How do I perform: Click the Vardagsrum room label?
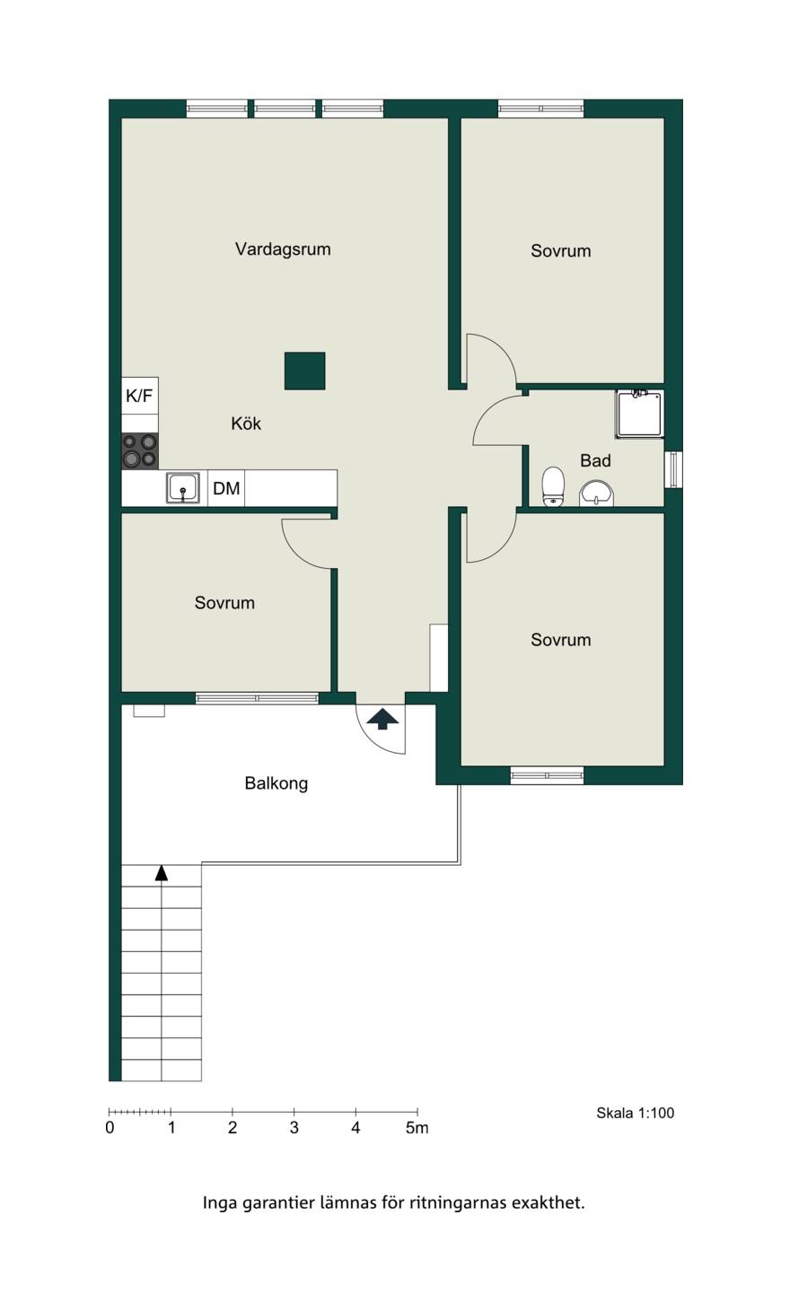tap(283, 249)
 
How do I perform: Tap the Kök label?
tap(246, 424)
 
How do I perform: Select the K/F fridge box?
tap(140, 396)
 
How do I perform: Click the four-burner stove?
tap(140, 450)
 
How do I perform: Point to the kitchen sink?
tap(183, 488)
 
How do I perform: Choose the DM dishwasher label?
tap(226, 488)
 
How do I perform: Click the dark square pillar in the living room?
tap(304, 371)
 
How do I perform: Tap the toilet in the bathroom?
tap(553, 485)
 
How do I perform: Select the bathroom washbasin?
tap(597, 493)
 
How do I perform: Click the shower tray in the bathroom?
tap(640, 414)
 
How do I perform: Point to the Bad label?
tap(595, 460)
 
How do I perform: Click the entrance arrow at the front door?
tap(382, 719)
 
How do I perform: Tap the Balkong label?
tap(276, 783)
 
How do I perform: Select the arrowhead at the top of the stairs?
tap(162, 872)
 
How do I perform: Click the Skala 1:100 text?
tap(636, 1113)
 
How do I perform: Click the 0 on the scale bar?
tap(110, 1128)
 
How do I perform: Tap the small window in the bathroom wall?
tap(673, 469)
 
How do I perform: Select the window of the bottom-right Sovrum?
tap(547, 775)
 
